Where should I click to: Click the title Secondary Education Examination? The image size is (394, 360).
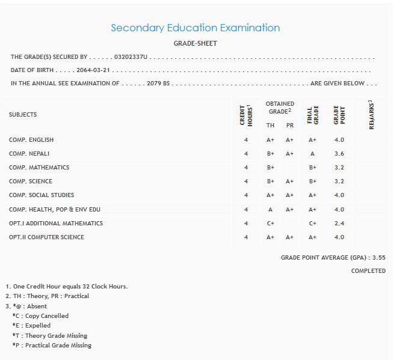pos(195,28)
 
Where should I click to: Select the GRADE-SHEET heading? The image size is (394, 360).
pos(195,43)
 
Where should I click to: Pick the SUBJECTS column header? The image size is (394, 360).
pos(23,114)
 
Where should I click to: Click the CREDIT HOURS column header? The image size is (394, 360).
pos(245,115)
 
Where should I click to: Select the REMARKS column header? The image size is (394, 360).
pos(371,114)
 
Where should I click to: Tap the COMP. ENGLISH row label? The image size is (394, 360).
pos(31,140)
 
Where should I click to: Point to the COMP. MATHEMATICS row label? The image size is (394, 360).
pos(39,168)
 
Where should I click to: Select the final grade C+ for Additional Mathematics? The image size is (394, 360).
pos(313,223)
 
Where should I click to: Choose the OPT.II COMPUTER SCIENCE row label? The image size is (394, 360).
pos(46,237)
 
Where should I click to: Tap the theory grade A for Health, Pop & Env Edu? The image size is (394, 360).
pos(271,209)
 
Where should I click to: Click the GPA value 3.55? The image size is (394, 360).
pos(379,257)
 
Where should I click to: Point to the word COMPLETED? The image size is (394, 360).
pos(368,271)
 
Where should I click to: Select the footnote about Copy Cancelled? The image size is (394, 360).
pos(40,316)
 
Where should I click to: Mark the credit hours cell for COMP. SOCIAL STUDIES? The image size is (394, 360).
pos(246,195)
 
